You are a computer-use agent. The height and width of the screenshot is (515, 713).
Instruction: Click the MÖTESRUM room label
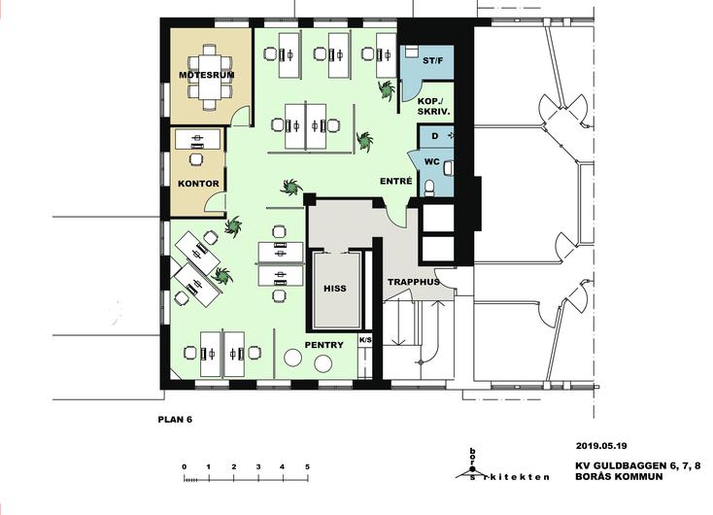click(x=207, y=75)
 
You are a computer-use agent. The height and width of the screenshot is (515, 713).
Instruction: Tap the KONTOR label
click(x=198, y=184)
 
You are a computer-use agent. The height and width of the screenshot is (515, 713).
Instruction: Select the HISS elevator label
click(x=335, y=289)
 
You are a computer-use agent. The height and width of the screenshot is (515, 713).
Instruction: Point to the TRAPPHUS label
click(x=414, y=282)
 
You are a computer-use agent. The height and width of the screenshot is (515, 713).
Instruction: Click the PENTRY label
click(x=323, y=345)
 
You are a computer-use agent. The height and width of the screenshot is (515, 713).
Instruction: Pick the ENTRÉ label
click(x=396, y=181)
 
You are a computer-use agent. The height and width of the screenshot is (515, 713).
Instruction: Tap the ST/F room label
click(x=432, y=60)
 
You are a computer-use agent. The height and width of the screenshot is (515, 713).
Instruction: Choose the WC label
click(x=432, y=161)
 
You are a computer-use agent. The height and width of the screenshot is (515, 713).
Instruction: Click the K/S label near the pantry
click(x=365, y=340)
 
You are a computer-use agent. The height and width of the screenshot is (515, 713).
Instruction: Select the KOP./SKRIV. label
click(x=434, y=107)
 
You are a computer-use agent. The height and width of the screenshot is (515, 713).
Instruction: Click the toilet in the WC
click(x=429, y=188)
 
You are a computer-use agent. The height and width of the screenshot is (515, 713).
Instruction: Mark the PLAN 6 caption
click(x=175, y=420)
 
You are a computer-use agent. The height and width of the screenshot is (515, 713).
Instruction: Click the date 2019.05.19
click(x=601, y=446)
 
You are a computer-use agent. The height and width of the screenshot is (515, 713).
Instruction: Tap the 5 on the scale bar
click(x=307, y=466)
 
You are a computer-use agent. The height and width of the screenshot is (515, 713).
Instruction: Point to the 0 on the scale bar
click(x=185, y=466)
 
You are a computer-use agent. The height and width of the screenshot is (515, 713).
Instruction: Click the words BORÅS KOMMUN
click(x=619, y=477)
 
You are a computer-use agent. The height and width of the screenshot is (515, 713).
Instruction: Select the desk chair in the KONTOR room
click(x=196, y=158)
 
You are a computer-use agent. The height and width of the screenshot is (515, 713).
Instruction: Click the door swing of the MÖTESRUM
click(x=241, y=115)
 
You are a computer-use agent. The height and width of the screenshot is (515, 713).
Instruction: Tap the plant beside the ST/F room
click(x=387, y=89)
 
